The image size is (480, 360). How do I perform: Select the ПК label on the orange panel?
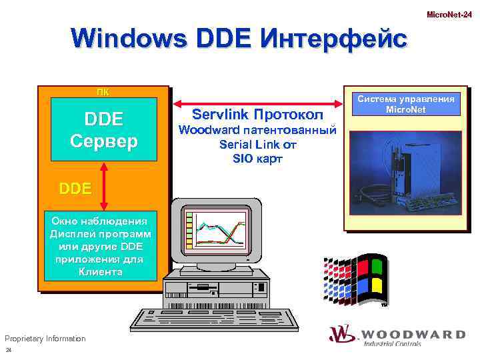[x=104, y=91]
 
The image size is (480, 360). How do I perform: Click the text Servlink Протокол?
[x=257, y=115]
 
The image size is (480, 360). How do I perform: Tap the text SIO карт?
[x=257, y=158]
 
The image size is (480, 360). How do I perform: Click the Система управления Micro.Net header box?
[x=406, y=104]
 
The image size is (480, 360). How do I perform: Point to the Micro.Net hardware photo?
[x=406, y=175]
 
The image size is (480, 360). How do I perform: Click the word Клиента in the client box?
[x=100, y=272]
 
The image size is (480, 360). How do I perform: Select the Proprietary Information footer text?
[x=45, y=339]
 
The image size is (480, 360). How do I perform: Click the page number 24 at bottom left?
[x=9, y=351]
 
